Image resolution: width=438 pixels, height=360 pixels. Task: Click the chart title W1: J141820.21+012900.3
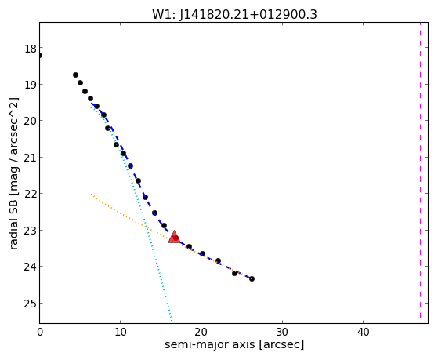pos(234,15)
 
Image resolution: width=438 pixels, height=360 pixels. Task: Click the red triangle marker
pos(174,237)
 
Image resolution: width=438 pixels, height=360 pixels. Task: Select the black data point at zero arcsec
pos(40,56)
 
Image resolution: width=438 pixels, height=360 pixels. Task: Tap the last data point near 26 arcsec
pos(252,278)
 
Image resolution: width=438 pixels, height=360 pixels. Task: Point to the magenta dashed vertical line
pos(420,170)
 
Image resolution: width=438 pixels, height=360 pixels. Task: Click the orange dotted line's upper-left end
pos(91,194)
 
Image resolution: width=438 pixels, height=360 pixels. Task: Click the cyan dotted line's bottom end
pos(172,321)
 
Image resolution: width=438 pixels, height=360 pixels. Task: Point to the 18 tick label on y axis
pos(31,49)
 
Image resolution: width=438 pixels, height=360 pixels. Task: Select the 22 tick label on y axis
pos(31,194)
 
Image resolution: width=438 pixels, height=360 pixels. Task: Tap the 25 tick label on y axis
pos(31,304)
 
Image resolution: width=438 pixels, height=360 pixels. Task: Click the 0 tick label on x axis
pos(40,332)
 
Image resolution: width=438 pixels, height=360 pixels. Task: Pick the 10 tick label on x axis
pos(120,332)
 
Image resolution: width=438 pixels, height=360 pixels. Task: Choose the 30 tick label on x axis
pos(282,332)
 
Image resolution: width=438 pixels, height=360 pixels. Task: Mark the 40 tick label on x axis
pos(363,332)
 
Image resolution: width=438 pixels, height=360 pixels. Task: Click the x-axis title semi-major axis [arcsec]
pos(234,344)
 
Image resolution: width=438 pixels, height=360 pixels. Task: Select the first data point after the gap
pos(75,75)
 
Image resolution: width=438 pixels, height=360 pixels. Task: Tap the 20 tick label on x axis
pos(201,332)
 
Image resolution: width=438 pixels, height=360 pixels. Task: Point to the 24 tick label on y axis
pos(31,267)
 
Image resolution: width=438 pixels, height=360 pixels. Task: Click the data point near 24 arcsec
pos(234,273)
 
